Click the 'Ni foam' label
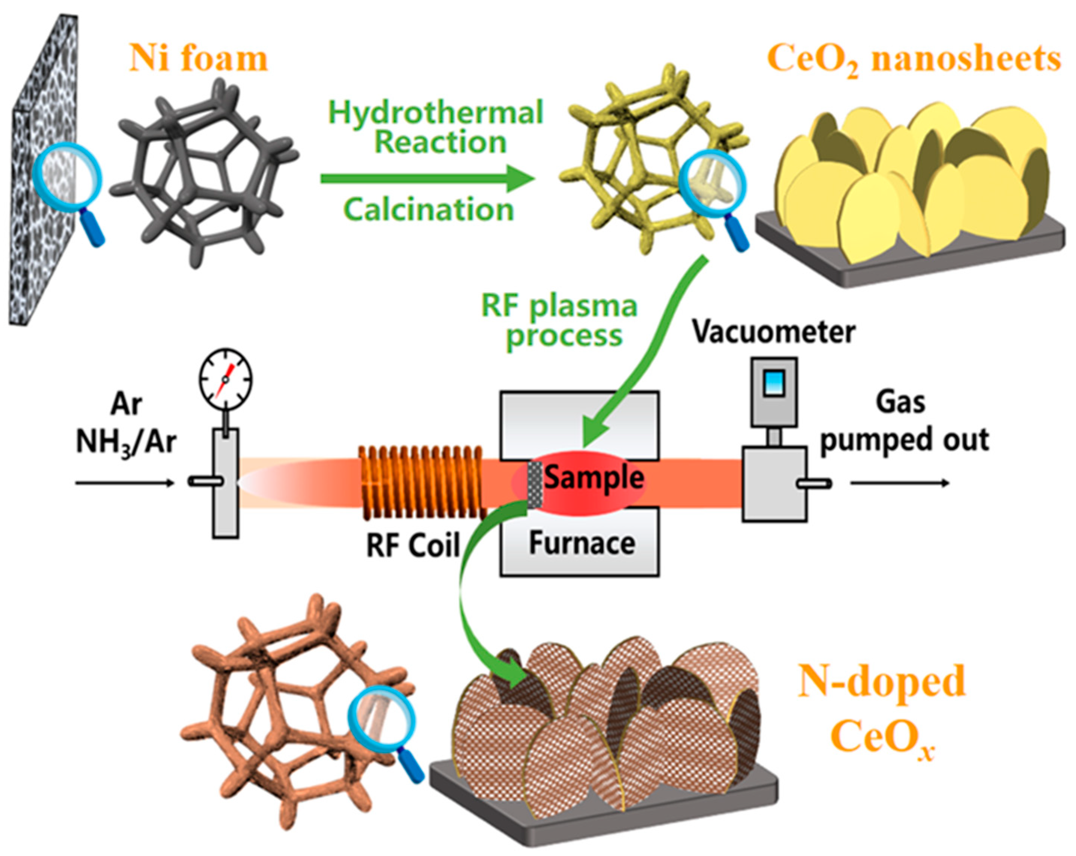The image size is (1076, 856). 199,59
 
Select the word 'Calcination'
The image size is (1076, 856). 428,209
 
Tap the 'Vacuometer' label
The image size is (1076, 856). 773,332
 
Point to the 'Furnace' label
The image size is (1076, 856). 582,543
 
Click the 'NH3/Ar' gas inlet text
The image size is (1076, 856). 126,442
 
